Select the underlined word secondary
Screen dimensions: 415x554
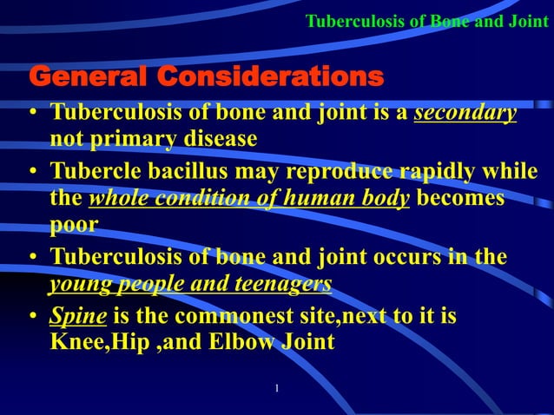pyautogui.click(x=465, y=114)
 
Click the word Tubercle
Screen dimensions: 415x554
pyautogui.click(x=96, y=172)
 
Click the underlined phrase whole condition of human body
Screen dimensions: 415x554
pyautogui.click(x=250, y=198)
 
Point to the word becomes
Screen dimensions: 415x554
pyautogui.click(x=461, y=197)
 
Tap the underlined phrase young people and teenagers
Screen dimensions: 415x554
pyautogui.click(x=190, y=284)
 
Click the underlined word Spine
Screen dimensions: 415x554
pyautogui.click(x=77, y=316)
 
